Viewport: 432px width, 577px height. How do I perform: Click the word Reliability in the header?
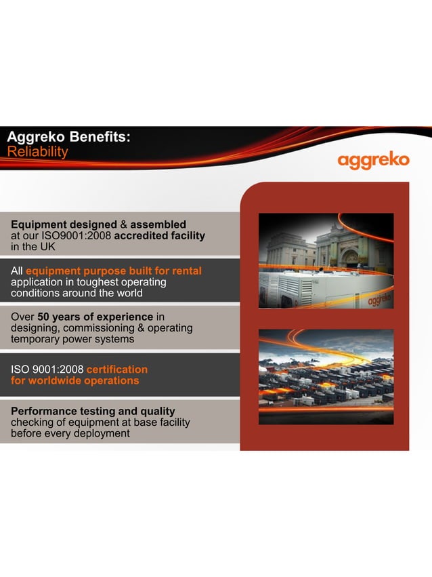click(x=37, y=151)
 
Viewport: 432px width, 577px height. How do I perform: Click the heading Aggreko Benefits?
click(x=68, y=136)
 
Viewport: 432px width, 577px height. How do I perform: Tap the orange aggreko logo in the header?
click(x=373, y=161)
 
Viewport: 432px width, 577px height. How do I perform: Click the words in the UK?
click(x=33, y=247)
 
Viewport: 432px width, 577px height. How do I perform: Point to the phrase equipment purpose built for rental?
click(x=114, y=271)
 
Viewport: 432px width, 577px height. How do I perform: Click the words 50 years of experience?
click(x=95, y=317)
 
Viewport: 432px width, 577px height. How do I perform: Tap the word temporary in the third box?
click(x=36, y=340)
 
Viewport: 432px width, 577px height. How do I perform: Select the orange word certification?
click(x=116, y=370)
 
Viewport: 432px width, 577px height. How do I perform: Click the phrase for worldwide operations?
click(x=74, y=380)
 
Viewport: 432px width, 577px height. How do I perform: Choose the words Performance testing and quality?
click(x=93, y=411)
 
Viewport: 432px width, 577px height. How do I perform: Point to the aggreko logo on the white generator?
click(x=379, y=299)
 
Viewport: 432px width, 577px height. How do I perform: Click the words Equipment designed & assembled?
click(x=98, y=224)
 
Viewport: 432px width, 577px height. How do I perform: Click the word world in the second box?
click(x=128, y=294)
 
